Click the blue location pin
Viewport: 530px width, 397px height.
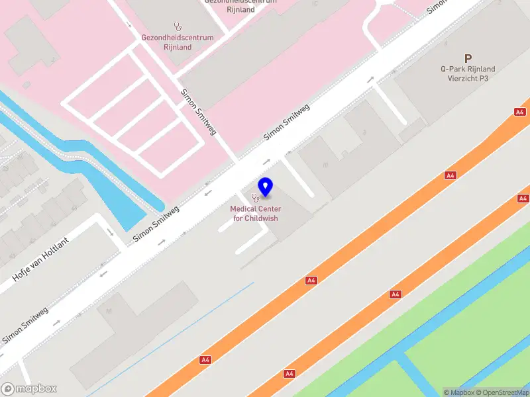(265, 187)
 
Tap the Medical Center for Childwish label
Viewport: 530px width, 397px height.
(255, 214)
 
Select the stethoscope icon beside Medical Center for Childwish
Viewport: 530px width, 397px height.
(255, 197)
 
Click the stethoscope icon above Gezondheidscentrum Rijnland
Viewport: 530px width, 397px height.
(178, 27)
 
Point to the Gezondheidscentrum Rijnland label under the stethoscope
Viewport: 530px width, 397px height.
(178, 42)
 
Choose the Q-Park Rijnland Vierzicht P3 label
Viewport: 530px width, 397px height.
(468, 73)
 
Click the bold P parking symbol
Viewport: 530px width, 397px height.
(468, 58)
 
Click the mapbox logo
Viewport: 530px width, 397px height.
(29, 389)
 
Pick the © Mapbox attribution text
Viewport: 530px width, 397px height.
(458, 392)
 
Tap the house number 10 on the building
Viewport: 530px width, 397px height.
(325, 165)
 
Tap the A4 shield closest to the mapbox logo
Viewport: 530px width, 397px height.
(205, 360)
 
